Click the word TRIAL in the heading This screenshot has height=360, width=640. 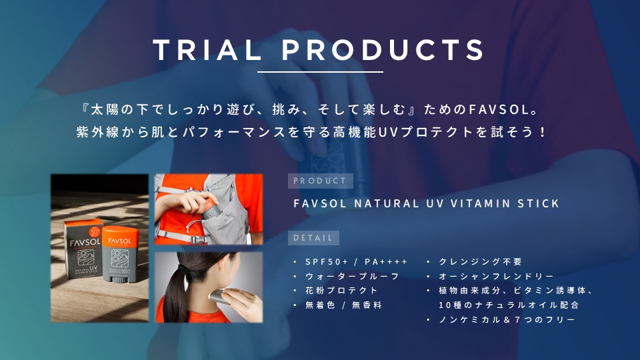(207, 50)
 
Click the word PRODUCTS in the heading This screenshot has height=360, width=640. (383, 50)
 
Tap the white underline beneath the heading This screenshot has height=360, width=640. (320, 72)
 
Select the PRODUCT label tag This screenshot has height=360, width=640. (321, 181)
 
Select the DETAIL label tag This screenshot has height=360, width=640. (313, 238)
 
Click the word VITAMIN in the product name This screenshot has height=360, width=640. (480, 203)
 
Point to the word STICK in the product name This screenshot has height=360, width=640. (539, 203)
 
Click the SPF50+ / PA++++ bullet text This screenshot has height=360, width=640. (356, 262)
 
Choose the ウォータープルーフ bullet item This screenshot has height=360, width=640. (352, 276)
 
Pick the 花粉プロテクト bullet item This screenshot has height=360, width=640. (341, 291)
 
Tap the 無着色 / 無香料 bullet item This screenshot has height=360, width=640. (343, 305)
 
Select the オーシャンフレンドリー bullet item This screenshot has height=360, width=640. (496, 276)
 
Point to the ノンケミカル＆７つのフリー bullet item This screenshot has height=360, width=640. (507, 319)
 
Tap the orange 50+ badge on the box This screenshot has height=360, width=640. (95, 231)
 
